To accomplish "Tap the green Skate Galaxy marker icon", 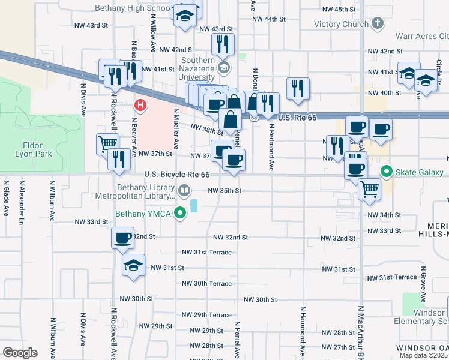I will pyautogui.click(x=387, y=172).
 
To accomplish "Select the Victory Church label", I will pyautogui.click(x=341, y=25).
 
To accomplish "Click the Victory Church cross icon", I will pyautogui.click(x=377, y=24).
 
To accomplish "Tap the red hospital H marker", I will pyautogui.click(x=140, y=106).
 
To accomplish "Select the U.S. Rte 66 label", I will pyautogui.click(x=289, y=118).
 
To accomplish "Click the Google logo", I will pyautogui.click(x=20, y=353).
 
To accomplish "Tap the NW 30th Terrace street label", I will pyautogui.click(x=206, y=283).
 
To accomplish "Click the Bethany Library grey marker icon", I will pyautogui.click(x=184, y=191).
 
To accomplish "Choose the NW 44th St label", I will pyautogui.click(x=268, y=19).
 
